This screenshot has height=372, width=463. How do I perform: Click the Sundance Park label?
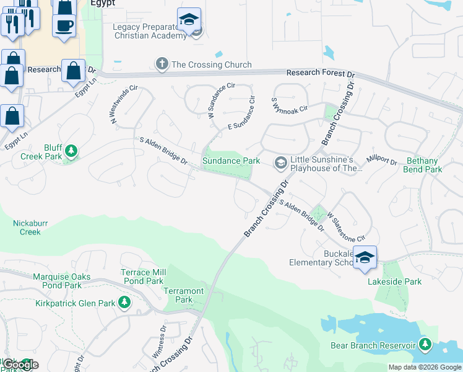click(x=231, y=161)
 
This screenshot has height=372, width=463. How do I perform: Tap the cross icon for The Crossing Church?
click(x=162, y=64)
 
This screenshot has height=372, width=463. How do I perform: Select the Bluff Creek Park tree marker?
click(x=71, y=151)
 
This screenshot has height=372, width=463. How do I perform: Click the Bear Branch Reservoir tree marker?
click(x=425, y=344)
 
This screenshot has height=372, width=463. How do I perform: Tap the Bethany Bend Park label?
click(x=423, y=165)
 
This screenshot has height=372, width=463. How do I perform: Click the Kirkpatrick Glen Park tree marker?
click(x=125, y=303)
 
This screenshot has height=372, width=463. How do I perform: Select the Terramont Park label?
click(x=183, y=295)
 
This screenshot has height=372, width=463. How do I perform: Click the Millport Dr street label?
click(x=381, y=161)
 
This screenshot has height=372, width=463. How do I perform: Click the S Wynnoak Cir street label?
click(x=290, y=104)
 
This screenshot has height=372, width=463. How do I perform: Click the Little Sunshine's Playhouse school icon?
click(x=280, y=162)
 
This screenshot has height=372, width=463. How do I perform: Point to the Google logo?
click(x=20, y=365)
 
